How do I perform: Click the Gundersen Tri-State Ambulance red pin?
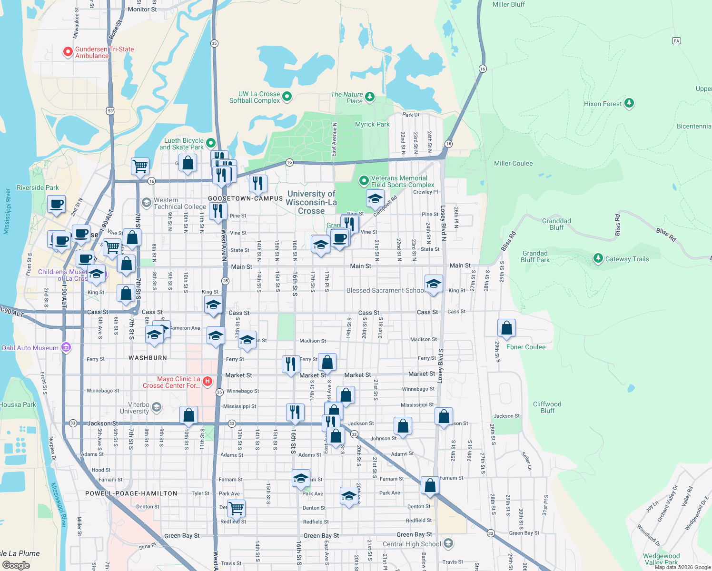(x=68, y=51)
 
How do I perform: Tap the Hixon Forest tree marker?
(x=629, y=103)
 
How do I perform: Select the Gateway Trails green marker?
(x=598, y=258)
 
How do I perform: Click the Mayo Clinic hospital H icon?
(x=207, y=381)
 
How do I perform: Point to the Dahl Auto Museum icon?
(x=66, y=347)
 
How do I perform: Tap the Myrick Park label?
(x=372, y=124)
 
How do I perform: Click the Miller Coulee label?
(x=513, y=163)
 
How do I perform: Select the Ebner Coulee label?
(x=525, y=347)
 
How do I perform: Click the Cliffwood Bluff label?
(x=547, y=407)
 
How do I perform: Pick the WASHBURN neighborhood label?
(x=148, y=358)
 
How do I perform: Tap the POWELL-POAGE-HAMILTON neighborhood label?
(x=131, y=493)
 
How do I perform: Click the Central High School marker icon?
(x=448, y=543)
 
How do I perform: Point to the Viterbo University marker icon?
(x=157, y=407)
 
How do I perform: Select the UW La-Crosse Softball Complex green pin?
(x=287, y=97)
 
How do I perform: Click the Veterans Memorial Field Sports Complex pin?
(x=364, y=180)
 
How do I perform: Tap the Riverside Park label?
(x=38, y=187)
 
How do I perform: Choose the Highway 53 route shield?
(x=110, y=111)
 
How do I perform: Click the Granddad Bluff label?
(x=556, y=224)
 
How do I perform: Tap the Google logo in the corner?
(x=16, y=565)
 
